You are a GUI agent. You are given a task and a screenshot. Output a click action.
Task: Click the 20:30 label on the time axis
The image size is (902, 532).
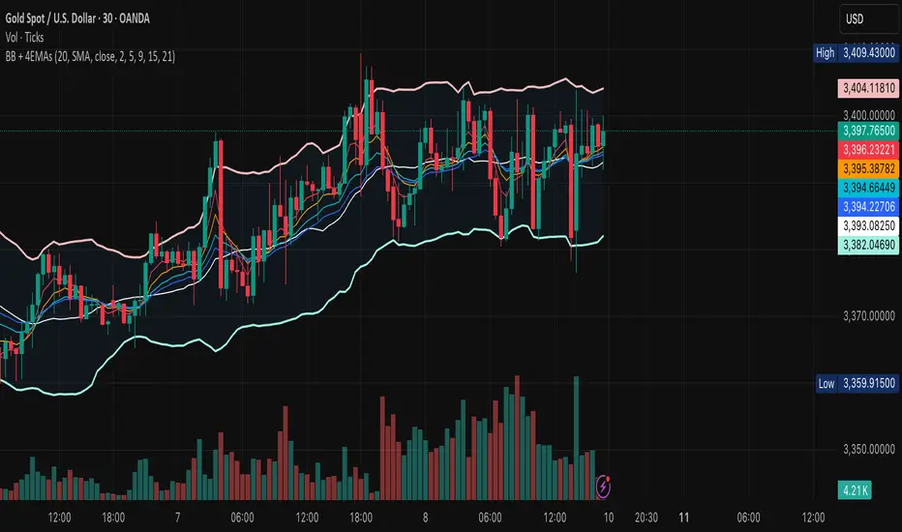(647, 517)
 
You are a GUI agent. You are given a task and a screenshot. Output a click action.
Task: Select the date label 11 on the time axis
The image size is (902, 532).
(684, 517)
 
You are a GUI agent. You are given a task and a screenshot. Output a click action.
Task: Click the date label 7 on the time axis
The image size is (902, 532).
(180, 517)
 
